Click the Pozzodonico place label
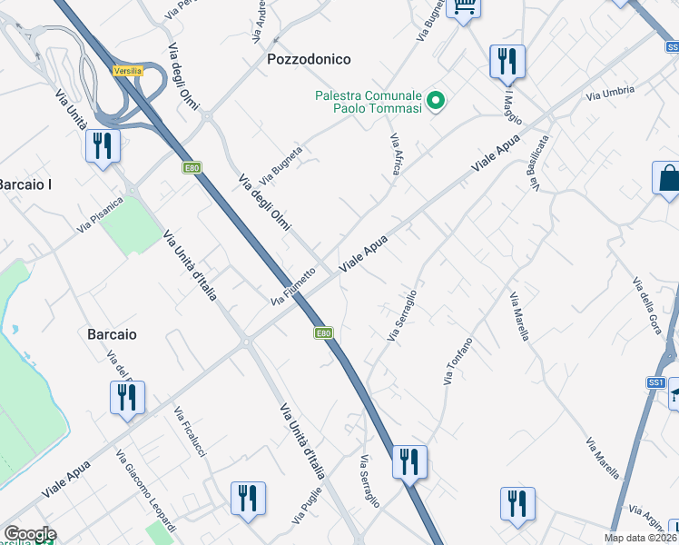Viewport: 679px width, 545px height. point(309,59)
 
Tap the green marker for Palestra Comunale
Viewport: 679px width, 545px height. point(436,102)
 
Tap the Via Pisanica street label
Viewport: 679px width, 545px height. point(100,214)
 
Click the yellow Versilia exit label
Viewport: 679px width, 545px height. point(128,70)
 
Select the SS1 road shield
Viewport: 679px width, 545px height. point(656,383)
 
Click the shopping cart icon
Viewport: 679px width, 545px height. point(465,8)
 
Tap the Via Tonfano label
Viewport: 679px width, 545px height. point(458,361)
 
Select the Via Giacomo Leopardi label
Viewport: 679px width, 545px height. point(146,490)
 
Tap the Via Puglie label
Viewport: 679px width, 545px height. point(308,506)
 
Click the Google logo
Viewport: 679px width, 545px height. point(30,535)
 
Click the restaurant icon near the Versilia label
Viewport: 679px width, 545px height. point(102,145)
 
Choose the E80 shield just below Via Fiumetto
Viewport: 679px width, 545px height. point(324,333)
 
